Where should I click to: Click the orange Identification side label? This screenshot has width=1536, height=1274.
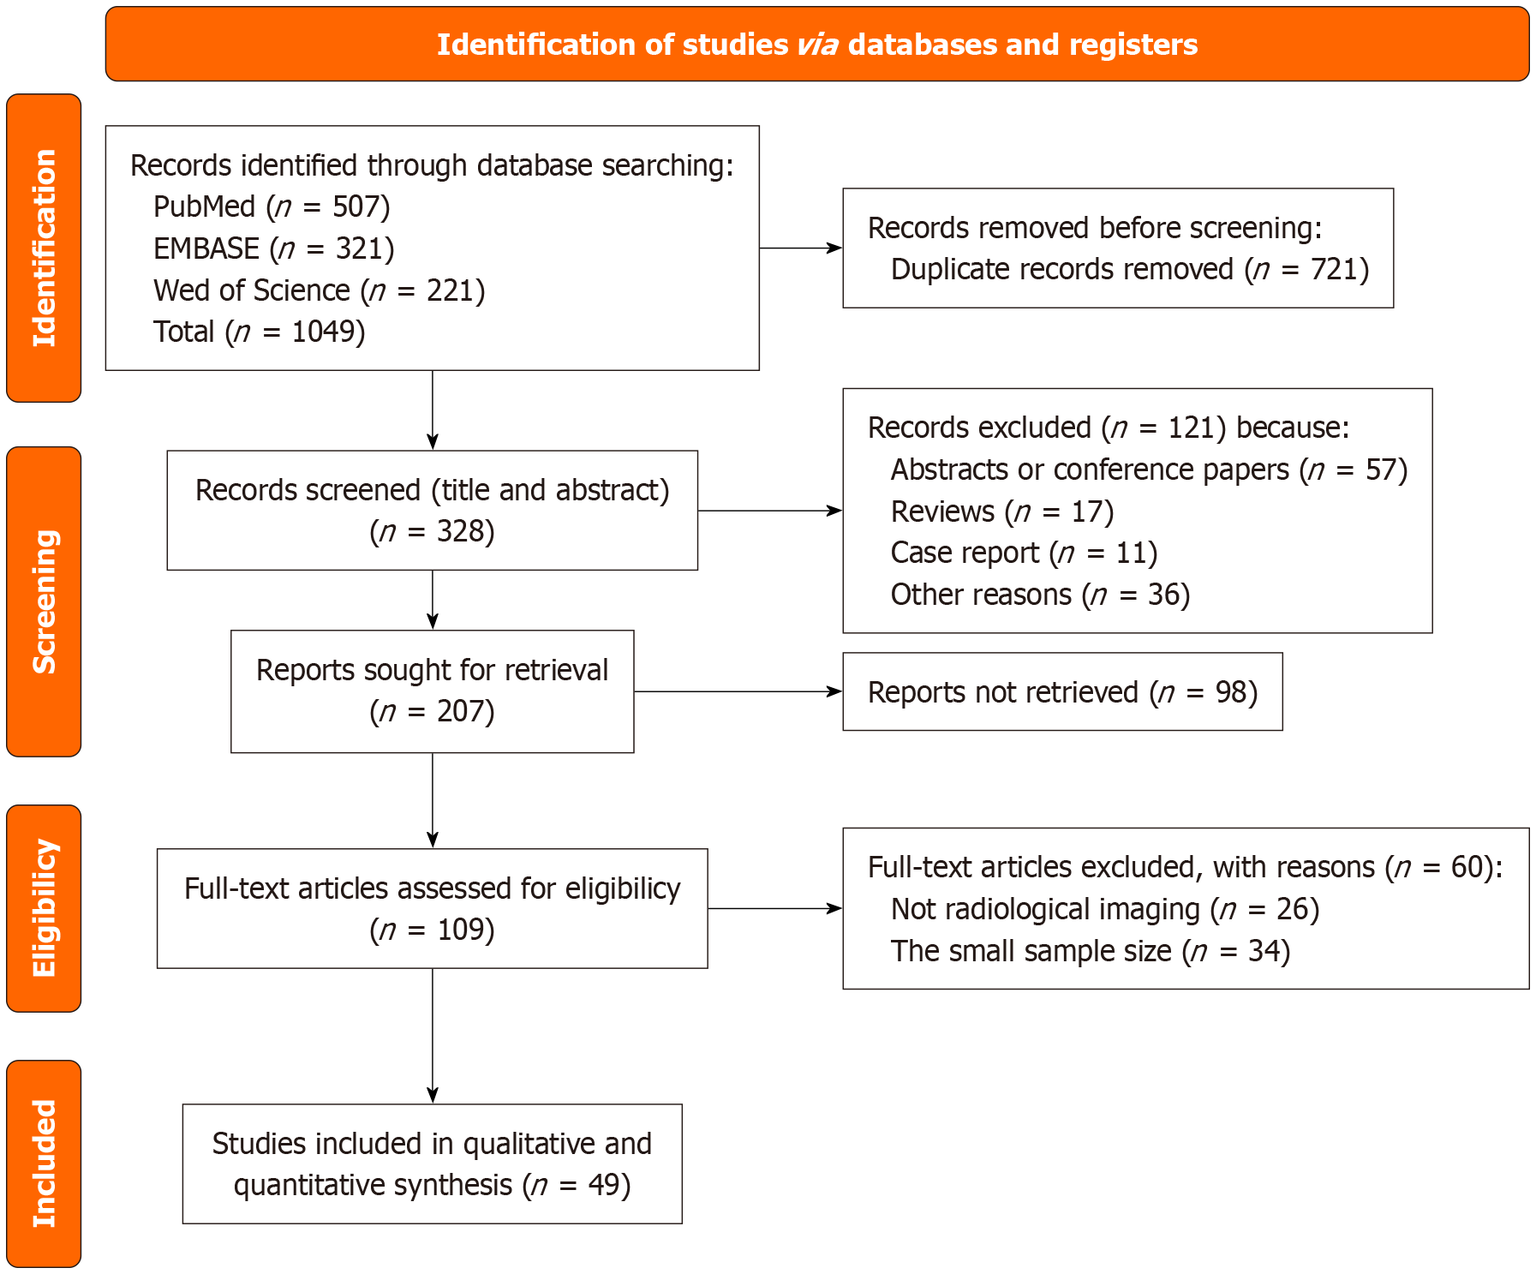pyautogui.click(x=44, y=248)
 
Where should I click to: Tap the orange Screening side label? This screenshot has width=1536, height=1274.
pyautogui.click(x=44, y=601)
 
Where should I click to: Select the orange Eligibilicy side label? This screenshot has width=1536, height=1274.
pyautogui.click(x=44, y=908)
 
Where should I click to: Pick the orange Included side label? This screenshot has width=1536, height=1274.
pyautogui.click(x=44, y=1163)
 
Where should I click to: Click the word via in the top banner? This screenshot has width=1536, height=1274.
pyautogui.click(x=816, y=45)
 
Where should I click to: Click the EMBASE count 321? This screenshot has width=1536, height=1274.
pyautogui.click(x=359, y=248)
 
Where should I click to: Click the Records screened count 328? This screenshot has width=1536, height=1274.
pyautogui.click(x=460, y=531)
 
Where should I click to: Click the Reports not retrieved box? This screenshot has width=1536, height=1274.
pyautogui.click(x=1061, y=691)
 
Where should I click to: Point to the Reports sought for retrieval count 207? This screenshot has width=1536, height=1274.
pyautogui.click(x=460, y=711)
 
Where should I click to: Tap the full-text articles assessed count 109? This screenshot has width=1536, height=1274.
pyautogui.click(x=460, y=930)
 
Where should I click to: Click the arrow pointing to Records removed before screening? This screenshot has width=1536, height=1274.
pyautogui.click(x=800, y=248)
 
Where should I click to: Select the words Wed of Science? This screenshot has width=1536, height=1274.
pyautogui.click(x=252, y=290)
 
